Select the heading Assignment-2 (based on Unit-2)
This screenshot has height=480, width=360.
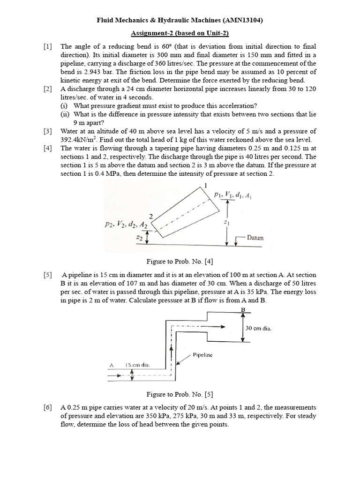coord(180,34)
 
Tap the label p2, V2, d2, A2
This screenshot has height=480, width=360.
coord(126,225)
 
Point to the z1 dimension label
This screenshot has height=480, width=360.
coord(227,223)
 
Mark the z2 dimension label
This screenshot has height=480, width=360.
coord(139,238)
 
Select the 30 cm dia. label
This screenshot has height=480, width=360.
coord(259,328)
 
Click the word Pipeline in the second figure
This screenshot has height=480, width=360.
coord(202,355)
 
